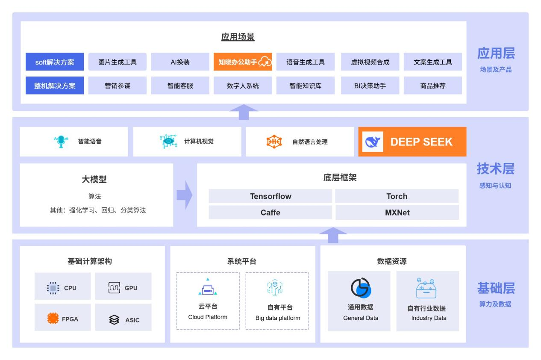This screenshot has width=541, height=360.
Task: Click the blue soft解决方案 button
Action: coord(54,62)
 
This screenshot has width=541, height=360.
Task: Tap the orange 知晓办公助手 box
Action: coord(242,62)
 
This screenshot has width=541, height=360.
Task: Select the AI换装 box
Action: coord(180,62)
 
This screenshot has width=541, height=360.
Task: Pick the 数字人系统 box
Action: coord(242,86)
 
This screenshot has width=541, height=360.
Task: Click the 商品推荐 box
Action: coord(432,86)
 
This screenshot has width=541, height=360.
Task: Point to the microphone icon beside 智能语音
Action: coord(61,142)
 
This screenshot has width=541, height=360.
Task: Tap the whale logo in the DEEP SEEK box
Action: coord(372,142)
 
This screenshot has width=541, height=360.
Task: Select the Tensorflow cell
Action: coord(270,196)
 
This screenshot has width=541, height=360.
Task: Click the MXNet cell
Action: coord(397,212)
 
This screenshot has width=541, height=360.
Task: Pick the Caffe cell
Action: coord(270,212)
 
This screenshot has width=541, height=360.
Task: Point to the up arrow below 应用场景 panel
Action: coord(244,112)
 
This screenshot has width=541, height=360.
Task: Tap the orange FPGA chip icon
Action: coord(53,319)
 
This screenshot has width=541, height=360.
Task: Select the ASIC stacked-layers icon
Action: coord(114,319)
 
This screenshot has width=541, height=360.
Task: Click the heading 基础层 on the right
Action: coord(496,289)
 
